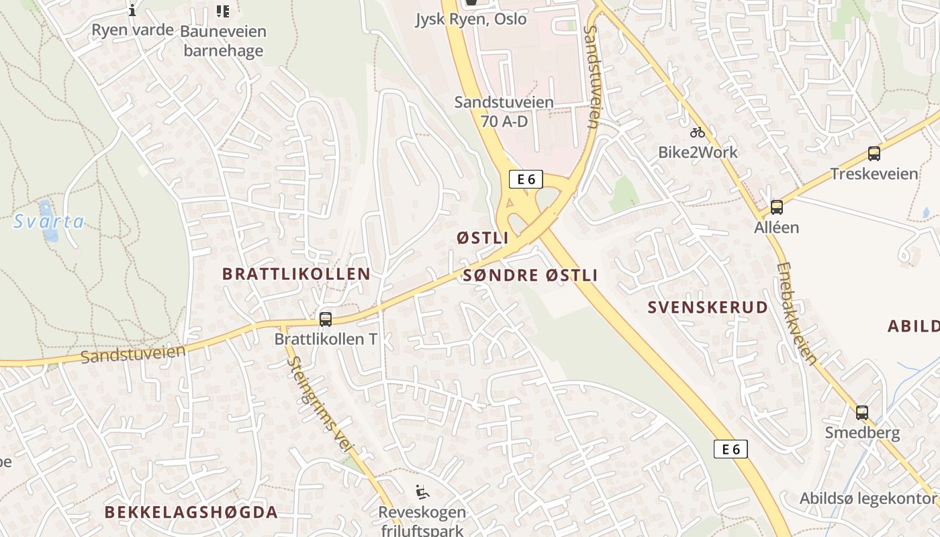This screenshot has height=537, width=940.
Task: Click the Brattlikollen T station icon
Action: tap(326, 320)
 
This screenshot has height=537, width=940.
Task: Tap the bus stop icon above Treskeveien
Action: tap(874, 154)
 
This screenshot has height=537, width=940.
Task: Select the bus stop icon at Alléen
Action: tap(777, 207)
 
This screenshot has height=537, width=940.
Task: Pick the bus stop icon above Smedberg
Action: tap(862, 413)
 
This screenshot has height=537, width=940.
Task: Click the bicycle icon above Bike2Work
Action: tap(698, 132)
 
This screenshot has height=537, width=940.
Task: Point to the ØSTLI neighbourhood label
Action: tap(483, 238)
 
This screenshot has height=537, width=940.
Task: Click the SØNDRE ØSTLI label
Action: tap(530, 275)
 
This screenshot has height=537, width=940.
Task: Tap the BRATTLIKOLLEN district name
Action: tap(296, 274)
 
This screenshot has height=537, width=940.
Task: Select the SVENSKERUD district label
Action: tap(708, 307)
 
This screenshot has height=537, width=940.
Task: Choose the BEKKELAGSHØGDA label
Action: tap(191, 512)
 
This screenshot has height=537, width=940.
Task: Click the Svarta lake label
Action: tap(49, 221)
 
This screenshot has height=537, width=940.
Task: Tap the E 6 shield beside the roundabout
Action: tap(526, 179)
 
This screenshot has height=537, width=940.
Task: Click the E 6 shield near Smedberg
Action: tap(731, 449)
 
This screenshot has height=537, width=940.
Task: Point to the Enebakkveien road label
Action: tap(797, 313)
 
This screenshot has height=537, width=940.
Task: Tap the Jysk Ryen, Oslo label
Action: tap(471, 19)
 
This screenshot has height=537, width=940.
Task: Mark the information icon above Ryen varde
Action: tap(132, 10)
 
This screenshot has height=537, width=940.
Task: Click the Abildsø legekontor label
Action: tap(867, 499)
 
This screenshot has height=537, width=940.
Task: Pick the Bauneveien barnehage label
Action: tap(224, 40)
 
